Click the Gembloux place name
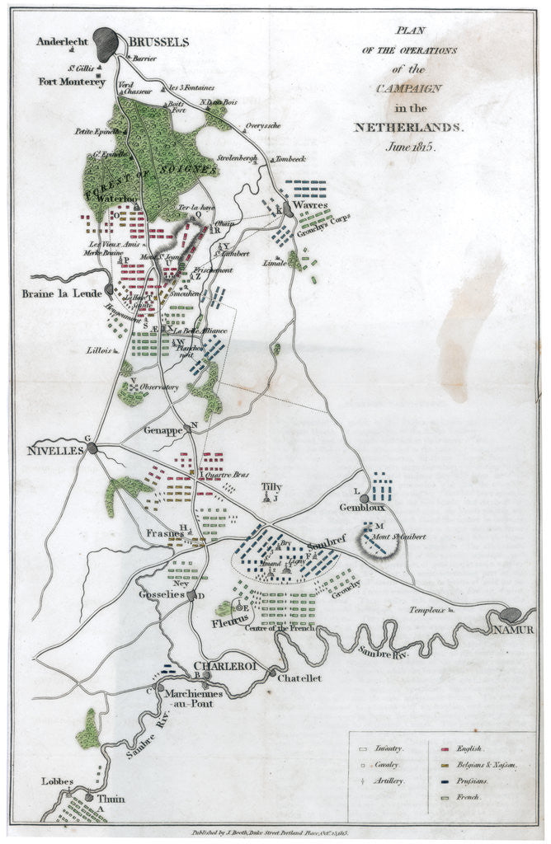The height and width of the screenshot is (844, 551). tap(362, 509)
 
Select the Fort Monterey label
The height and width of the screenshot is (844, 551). tap(72, 82)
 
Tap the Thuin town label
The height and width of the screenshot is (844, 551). tap(109, 799)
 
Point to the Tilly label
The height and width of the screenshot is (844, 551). tap(271, 487)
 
